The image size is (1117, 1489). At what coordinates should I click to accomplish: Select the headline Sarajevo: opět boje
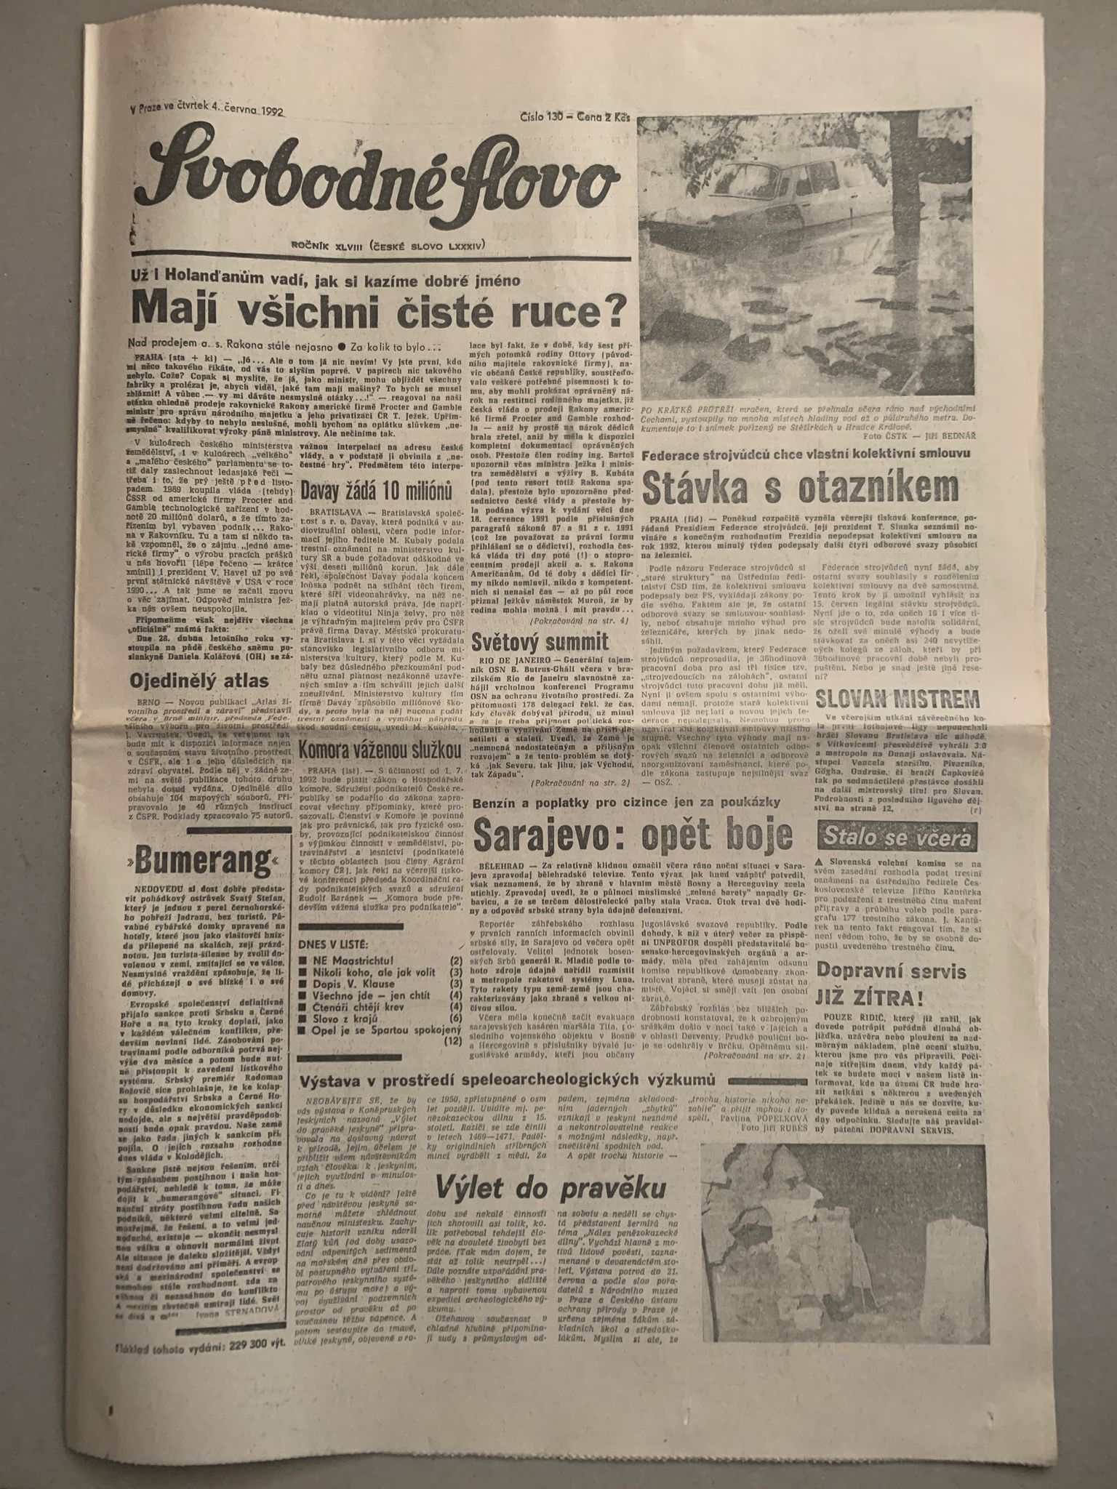[x=632, y=836]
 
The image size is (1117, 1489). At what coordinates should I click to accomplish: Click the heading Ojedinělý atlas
[x=199, y=681]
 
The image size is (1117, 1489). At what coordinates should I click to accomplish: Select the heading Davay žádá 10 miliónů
[x=383, y=489]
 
